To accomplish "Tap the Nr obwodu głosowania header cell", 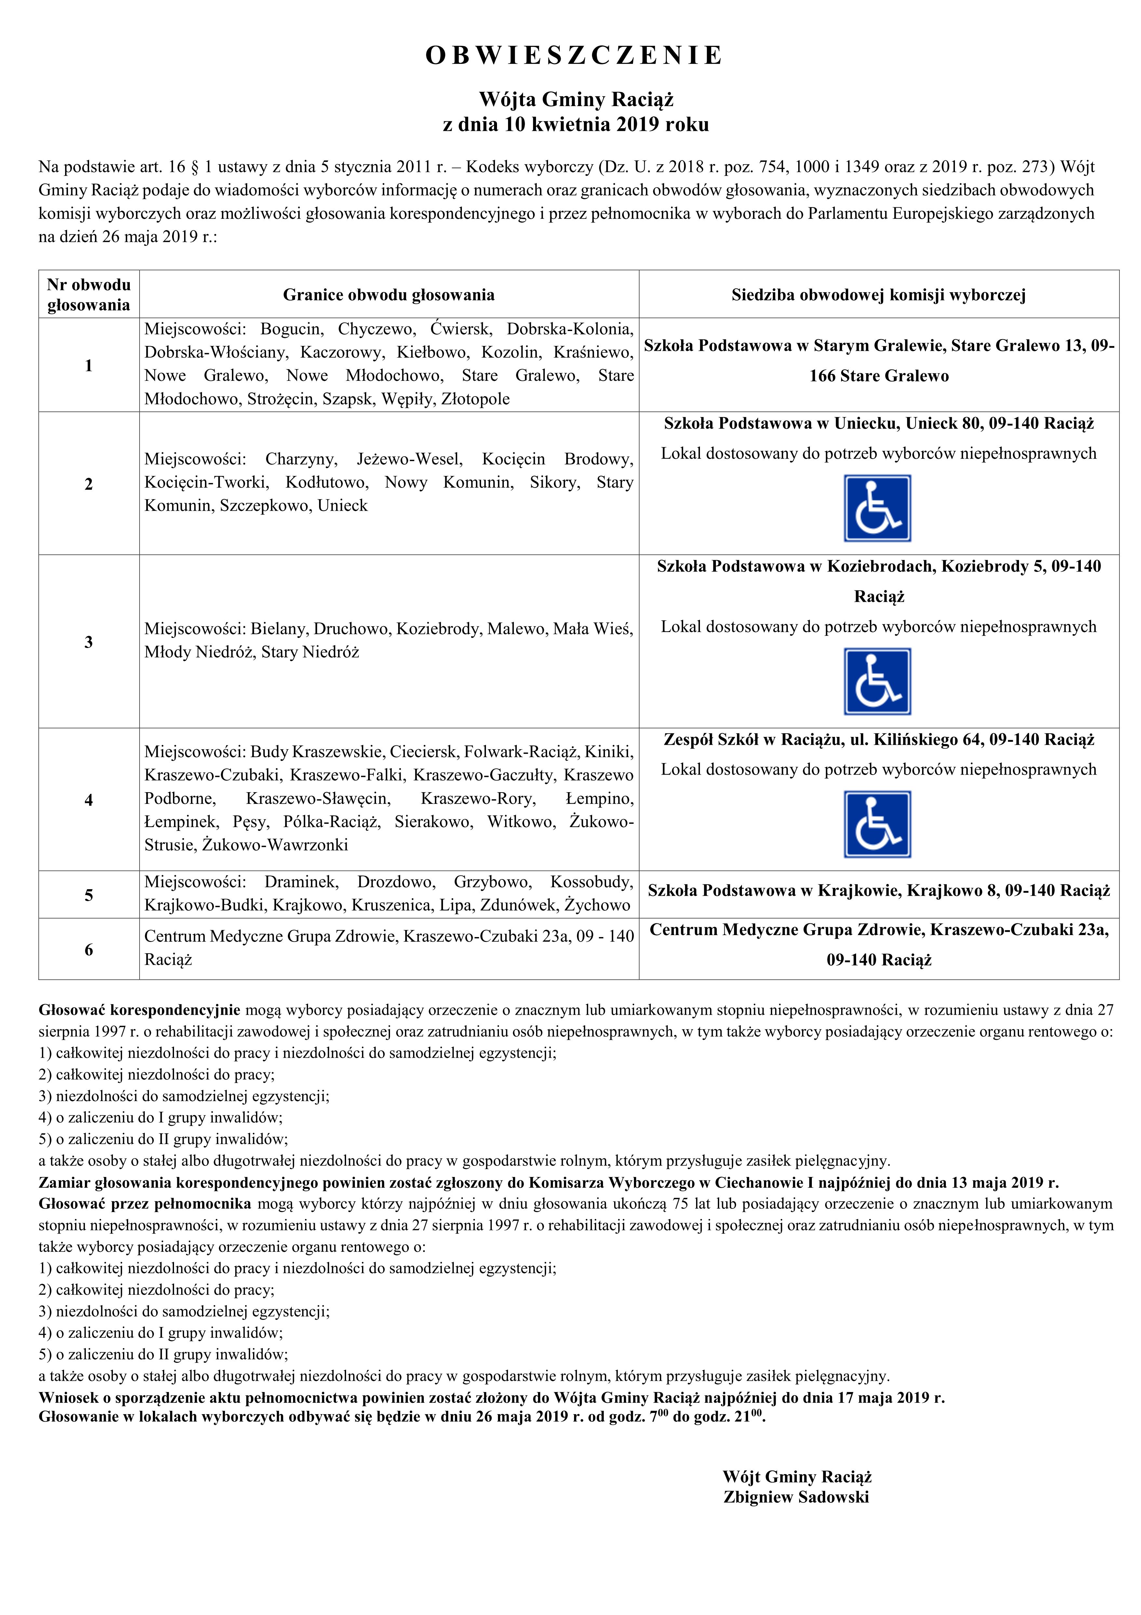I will [88, 295].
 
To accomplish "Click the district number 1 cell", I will [88, 365].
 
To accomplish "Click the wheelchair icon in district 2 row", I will [877, 508].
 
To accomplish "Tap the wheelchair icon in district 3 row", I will [877, 681].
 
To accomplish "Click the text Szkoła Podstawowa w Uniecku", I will [780, 423].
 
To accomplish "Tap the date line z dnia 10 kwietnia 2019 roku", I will [575, 125].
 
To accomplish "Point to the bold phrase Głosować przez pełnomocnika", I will [144, 1204].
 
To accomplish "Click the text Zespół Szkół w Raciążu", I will [752, 739].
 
